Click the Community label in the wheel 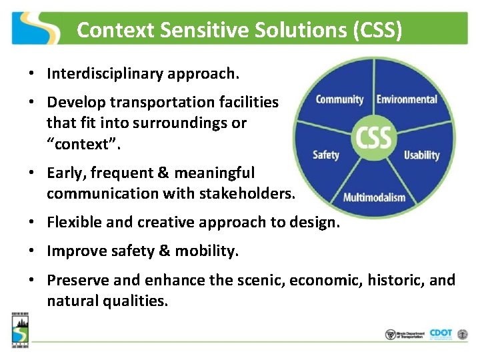click(339, 99)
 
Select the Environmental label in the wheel click(407, 99)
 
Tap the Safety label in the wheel click(326, 155)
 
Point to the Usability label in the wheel click(421, 155)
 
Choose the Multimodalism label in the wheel click(374, 197)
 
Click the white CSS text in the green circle click(374, 138)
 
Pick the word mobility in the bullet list click(206, 251)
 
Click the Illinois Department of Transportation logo click(403, 334)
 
